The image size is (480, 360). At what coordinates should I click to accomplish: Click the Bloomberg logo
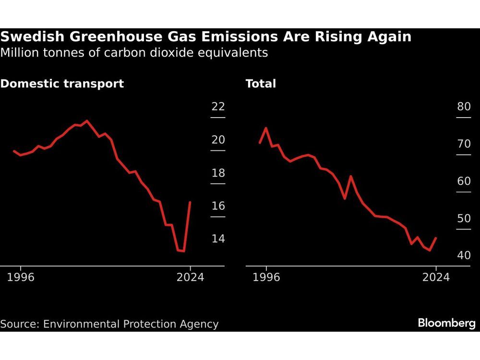(x=446, y=324)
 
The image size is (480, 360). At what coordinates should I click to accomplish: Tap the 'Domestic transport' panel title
(x=62, y=84)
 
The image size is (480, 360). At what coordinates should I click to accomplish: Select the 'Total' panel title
(x=261, y=84)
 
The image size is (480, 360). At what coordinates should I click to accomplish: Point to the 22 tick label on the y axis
(x=218, y=107)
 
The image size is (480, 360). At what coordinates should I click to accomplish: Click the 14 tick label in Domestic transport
(x=218, y=239)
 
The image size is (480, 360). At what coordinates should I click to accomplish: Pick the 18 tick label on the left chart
(x=218, y=173)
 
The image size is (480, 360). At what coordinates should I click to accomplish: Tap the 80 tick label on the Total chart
(x=464, y=107)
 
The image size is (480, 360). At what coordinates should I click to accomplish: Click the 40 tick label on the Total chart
(x=464, y=255)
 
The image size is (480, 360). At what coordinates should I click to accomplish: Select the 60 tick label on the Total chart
(x=464, y=181)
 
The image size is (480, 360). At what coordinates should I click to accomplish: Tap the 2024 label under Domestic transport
(x=191, y=277)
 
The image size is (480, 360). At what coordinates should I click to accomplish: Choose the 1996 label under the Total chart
(x=266, y=277)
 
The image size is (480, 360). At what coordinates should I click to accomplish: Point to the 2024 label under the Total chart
(x=436, y=277)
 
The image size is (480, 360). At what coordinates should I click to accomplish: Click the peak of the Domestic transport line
(x=87, y=121)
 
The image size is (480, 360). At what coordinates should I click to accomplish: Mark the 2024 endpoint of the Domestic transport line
(x=191, y=202)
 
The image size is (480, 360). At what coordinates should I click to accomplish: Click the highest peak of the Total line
(x=266, y=128)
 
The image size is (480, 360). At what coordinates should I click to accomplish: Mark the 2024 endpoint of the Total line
(x=436, y=238)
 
